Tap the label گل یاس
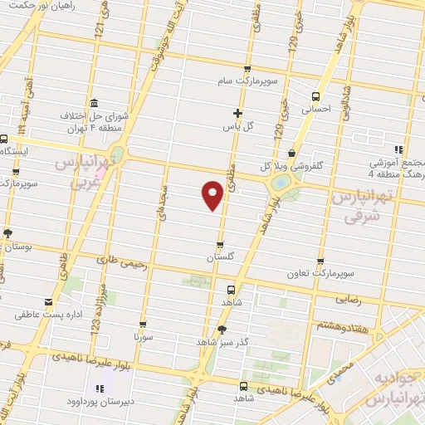[x=237, y=127]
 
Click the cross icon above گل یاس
[x=237, y=112]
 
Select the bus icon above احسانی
[x=315, y=95]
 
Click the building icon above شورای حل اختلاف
[x=91, y=102]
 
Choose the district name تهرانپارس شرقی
[x=359, y=205]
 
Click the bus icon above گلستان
[x=219, y=245]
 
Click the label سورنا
[x=144, y=338]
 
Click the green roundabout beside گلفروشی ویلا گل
[x=281, y=182]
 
